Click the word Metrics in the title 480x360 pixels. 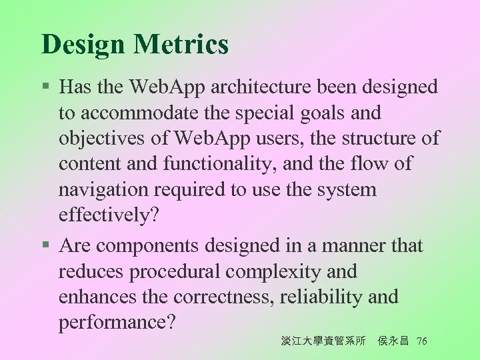[181, 45]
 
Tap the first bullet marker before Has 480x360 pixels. [46, 87]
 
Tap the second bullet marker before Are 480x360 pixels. [46, 246]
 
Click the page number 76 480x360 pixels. [421, 341]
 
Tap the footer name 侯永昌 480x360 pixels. [393, 341]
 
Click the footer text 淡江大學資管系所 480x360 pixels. [323, 341]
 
